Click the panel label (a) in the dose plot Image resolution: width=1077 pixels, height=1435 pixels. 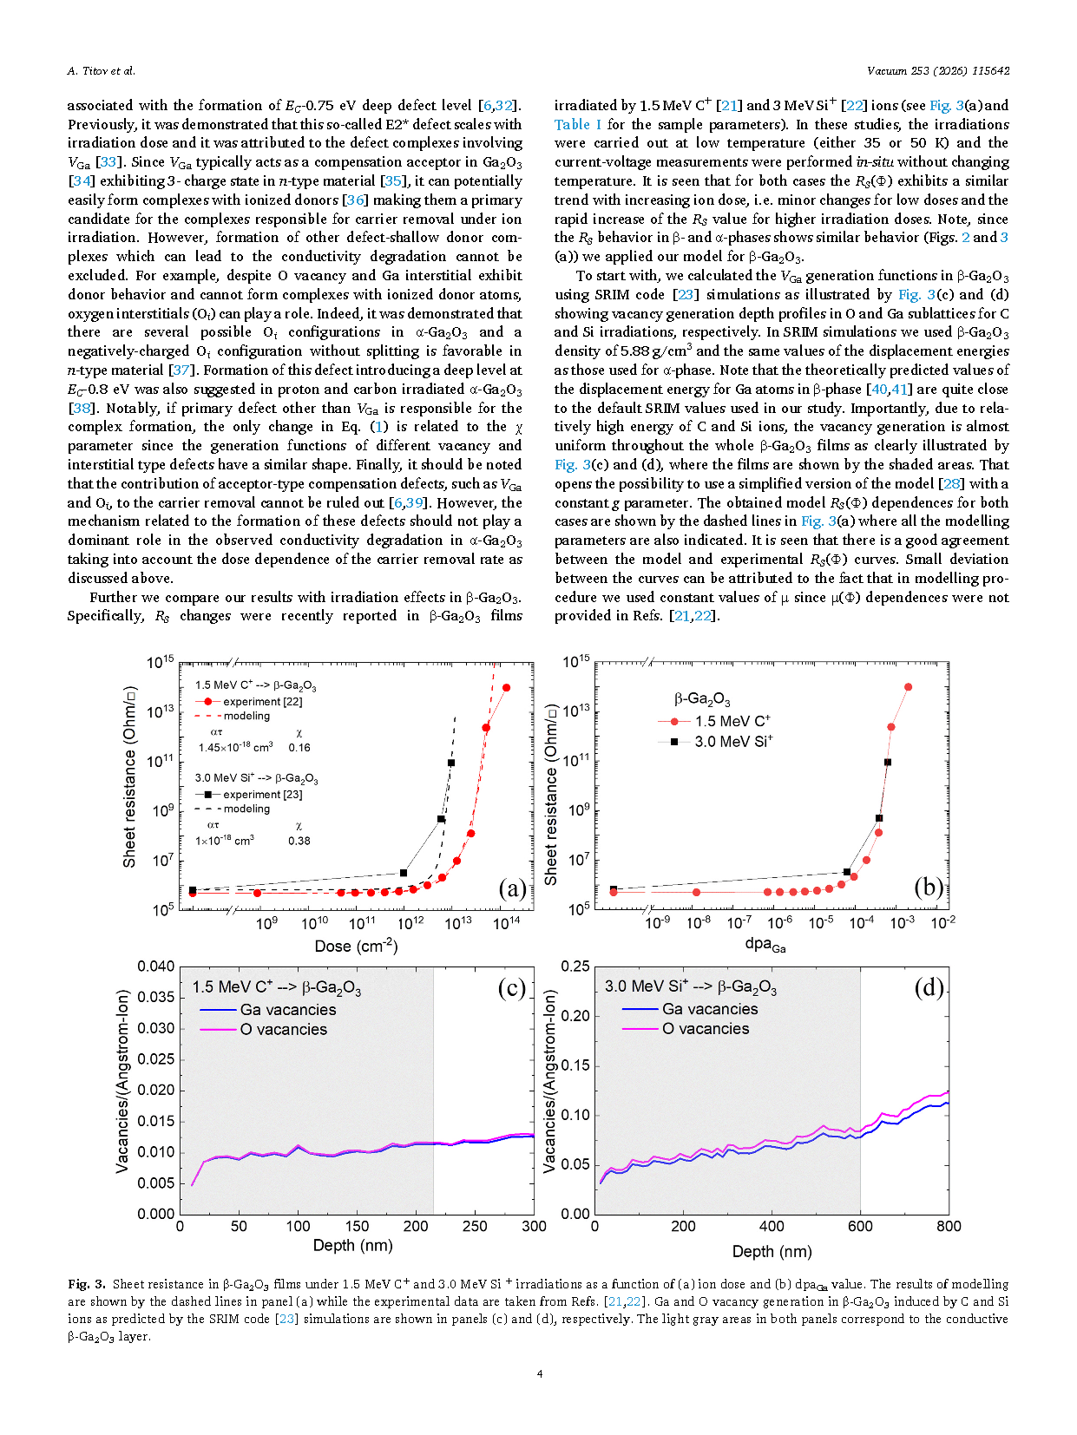pos(512,888)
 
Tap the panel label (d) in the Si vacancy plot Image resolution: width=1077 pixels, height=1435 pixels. pos(929,987)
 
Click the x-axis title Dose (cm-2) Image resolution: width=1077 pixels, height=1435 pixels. pos(356,946)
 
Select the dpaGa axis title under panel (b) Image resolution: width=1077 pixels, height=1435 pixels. pos(765,945)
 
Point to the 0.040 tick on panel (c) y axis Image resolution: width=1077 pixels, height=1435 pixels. pos(155,966)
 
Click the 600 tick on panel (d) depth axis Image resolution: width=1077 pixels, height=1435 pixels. pos(860,1227)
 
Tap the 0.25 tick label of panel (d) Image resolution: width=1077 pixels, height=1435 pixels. pos(575,966)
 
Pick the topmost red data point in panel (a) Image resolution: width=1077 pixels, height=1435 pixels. pos(506,687)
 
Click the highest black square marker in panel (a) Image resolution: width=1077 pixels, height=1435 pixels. pos(450,763)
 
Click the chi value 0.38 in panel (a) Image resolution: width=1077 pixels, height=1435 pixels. pos(299,841)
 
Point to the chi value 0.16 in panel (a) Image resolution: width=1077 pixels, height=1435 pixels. pos(299,747)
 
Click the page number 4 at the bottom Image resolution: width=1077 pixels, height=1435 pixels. pos(540,1373)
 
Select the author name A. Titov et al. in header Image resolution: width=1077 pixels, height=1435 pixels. pos(101,70)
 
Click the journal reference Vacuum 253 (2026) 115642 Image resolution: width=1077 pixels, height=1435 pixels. pos(938,70)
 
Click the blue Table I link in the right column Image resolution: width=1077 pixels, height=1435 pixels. pos(578,124)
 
